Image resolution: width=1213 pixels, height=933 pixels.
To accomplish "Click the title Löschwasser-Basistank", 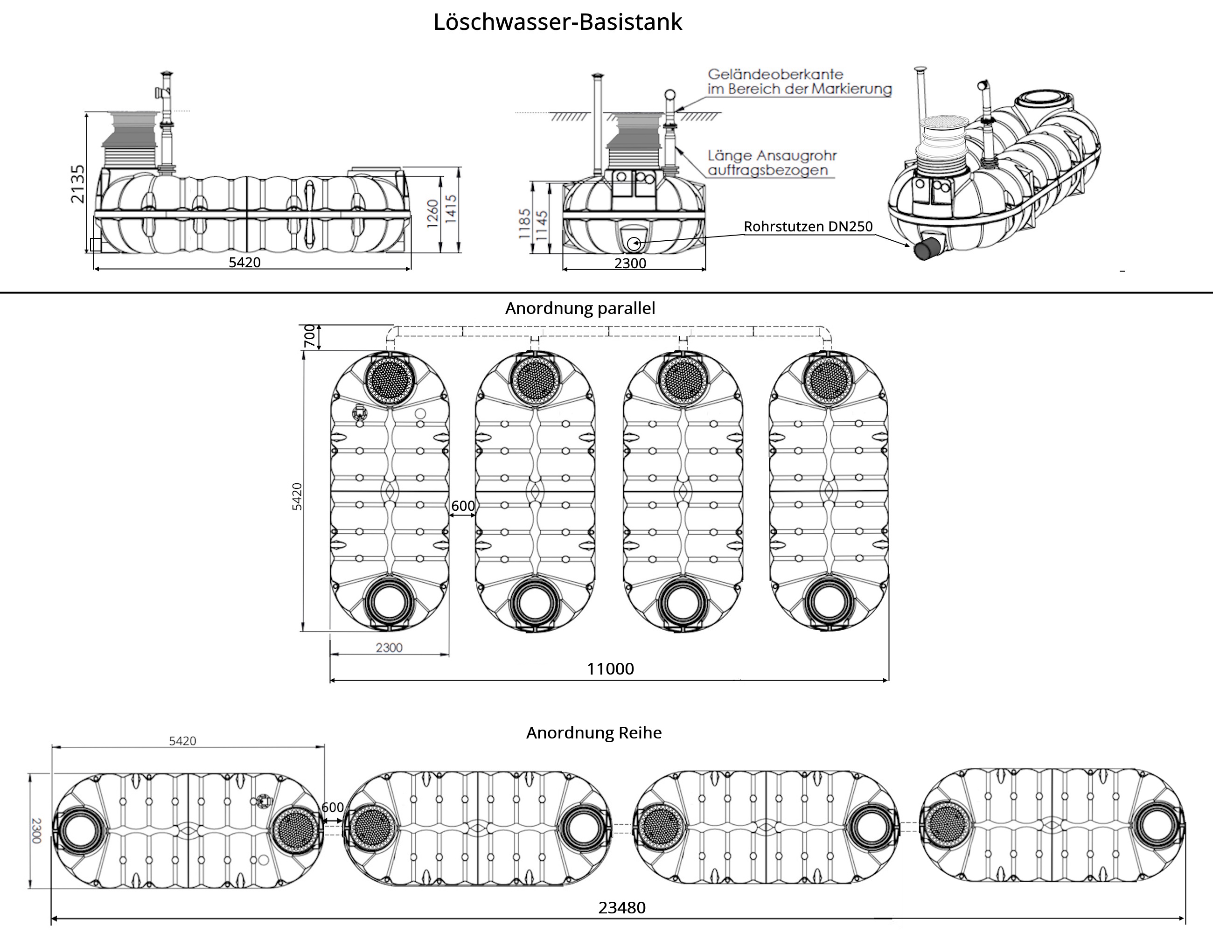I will (558, 23).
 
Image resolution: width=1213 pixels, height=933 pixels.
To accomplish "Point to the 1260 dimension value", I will (433, 214).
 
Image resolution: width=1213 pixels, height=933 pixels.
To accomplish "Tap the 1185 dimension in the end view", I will (524, 224).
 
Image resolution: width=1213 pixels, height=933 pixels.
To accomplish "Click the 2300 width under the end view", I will (630, 263).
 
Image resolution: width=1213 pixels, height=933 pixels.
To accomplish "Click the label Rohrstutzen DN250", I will (808, 227).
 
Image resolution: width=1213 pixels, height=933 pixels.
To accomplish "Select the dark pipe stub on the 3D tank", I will (927, 250).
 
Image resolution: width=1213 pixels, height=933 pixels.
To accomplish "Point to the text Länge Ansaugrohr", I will (772, 156).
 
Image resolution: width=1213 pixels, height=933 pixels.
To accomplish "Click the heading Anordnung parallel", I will (580, 308).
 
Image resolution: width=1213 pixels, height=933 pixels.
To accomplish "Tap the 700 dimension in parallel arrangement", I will (309, 336).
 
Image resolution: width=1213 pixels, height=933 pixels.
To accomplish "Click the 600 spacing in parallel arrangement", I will (463, 506).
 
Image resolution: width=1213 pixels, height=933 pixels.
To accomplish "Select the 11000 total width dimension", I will (610, 668).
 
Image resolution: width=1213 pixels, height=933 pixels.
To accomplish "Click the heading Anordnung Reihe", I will (594, 733).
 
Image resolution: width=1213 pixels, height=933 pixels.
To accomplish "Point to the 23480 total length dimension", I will (621, 907).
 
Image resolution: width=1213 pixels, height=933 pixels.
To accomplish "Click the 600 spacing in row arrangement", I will (332, 808).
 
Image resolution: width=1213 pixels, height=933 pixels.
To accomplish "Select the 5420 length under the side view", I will (244, 262).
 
